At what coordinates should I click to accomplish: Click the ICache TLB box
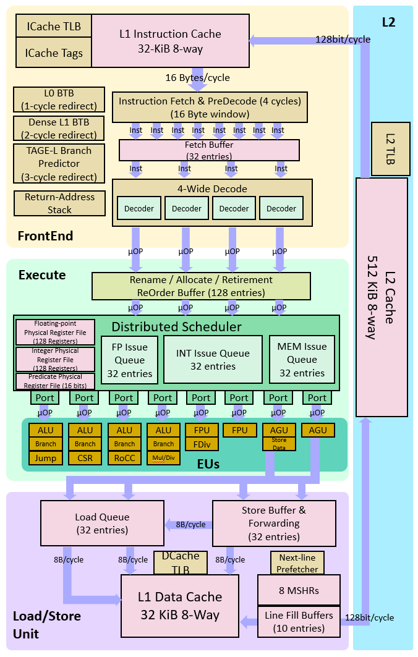(53, 27)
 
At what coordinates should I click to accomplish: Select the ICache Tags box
(53, 53)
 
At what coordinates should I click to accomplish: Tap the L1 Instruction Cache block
(170, 41)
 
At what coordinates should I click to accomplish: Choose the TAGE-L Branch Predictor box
(59, 164)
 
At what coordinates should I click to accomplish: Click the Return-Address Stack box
(59, 203)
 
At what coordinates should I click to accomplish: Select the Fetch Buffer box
(209, 150)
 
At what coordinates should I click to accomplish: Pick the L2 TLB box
(390, 148)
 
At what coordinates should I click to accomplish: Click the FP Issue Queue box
(129, 360)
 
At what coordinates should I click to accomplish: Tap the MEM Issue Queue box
(302, 360)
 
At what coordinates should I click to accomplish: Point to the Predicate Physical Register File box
(56, 381)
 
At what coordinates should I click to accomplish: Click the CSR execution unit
(85, 458)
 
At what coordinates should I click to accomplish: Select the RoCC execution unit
(124, 458)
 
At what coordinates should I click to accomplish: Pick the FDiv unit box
(201, 444)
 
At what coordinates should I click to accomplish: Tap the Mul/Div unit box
(163, 458)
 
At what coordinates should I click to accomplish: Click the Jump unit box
(45, 458)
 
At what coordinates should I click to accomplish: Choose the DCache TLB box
(180, 562)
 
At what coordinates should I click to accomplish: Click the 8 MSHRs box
(299, 590)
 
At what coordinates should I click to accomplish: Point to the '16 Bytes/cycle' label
(197, 78)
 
